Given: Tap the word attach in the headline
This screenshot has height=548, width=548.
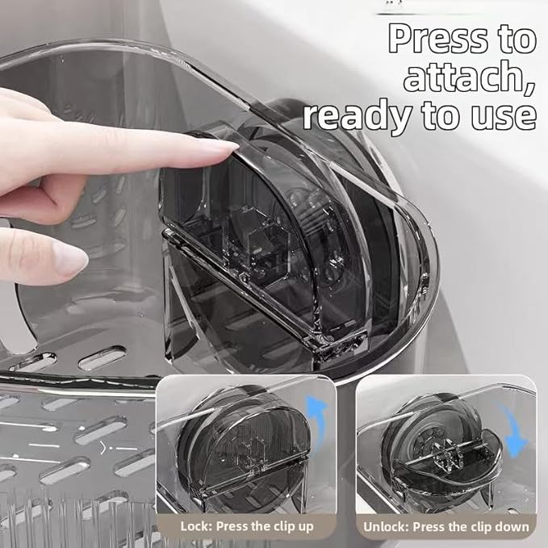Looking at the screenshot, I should pyautogui.click(x=457, y=77).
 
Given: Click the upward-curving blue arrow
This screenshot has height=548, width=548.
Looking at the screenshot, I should pyautogui.click(x=321, y=412).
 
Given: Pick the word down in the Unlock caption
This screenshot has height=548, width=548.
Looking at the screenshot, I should pyautogui.click(x=512, y=527).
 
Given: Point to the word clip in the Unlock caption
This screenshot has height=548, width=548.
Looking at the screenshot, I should pyautogui.click(x=477, y=527).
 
